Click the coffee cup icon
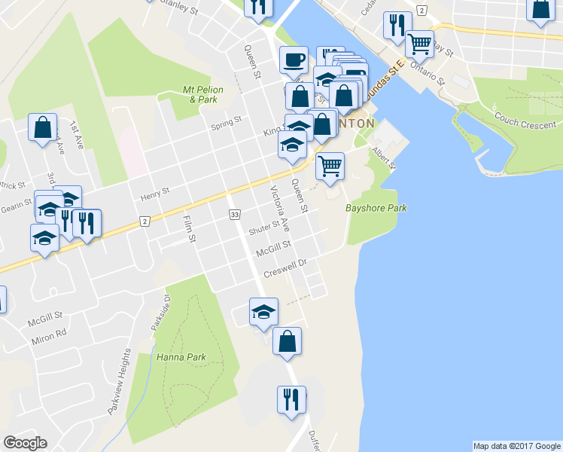[294, 59]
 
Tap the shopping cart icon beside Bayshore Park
[330, 165]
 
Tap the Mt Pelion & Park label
[199, 94]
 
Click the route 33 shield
[235, 215]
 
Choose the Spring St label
[226, 121]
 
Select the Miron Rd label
[49, 340]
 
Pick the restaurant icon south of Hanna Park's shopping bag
[291, 398]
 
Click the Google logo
[25, 443]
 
